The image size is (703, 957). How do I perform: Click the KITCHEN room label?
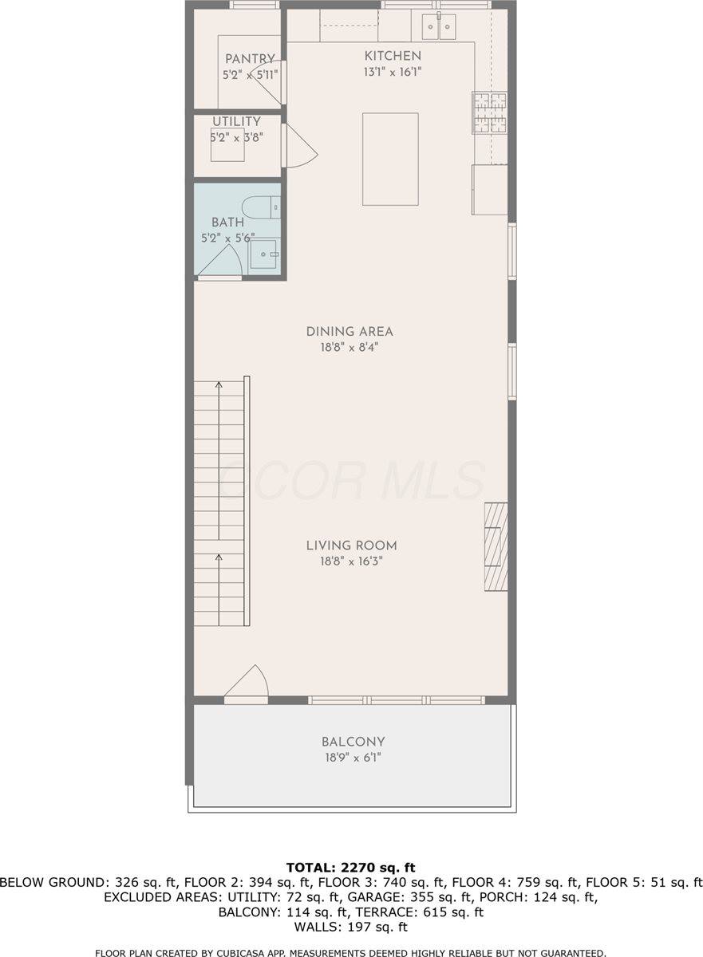393,56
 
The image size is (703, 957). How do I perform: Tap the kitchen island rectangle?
390,159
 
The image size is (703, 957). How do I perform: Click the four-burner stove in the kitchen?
489,112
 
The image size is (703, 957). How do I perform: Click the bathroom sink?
263,256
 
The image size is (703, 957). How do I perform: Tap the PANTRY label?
250,59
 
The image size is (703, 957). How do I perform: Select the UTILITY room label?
236,121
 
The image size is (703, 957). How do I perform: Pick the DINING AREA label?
350,332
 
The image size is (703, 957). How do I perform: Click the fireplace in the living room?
496,546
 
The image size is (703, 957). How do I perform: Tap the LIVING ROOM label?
351,546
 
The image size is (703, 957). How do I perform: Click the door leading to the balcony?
247,686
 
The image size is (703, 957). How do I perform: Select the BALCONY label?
353,742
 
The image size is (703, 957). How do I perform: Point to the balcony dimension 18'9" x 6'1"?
353,758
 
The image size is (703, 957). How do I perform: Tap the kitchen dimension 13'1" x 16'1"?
393,72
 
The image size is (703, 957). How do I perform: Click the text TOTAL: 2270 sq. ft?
351,867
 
